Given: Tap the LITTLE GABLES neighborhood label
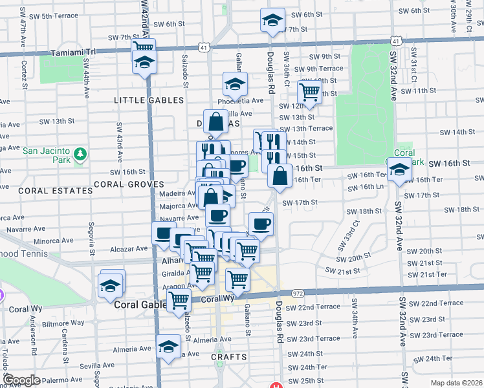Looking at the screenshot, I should pos(145,100).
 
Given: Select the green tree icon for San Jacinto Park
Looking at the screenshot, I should pos(80,155).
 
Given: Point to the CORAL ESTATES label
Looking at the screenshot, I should pos(56,191).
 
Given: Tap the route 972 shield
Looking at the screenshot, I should pos(298,293).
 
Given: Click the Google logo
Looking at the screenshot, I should pos(22,380).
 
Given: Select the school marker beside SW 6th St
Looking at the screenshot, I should pos(272,21).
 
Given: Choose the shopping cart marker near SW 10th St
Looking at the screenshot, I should pos(310,92).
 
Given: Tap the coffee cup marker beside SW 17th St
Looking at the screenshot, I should pos(261,224).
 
